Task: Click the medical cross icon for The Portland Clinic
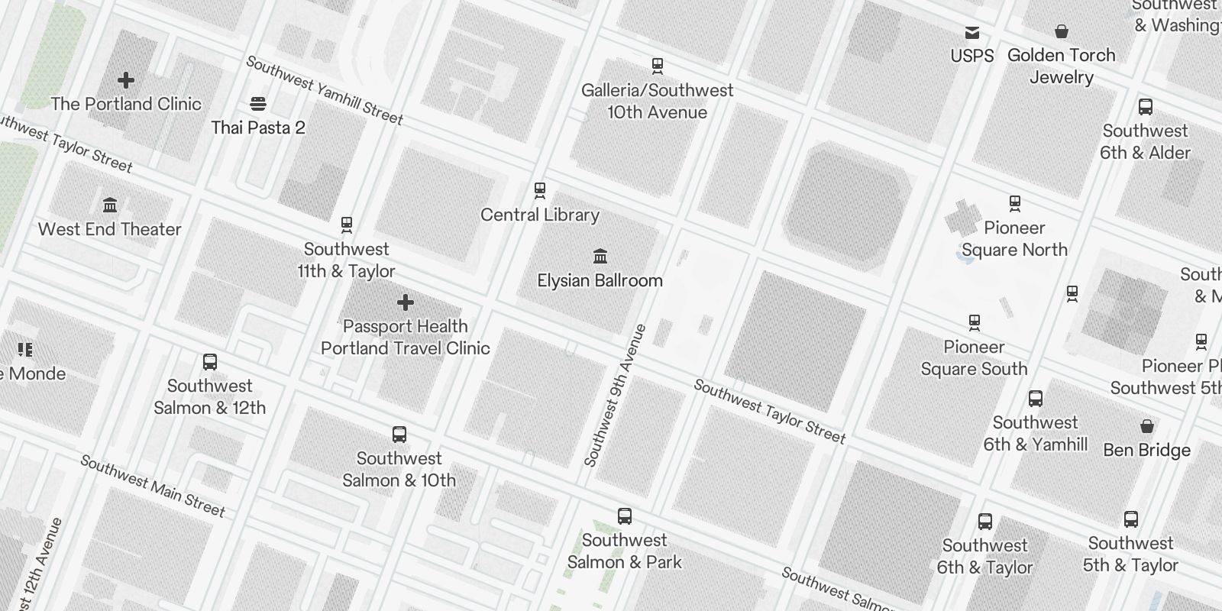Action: (126, 79)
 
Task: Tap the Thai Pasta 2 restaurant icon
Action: (257, 104)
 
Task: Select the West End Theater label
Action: (109, 229)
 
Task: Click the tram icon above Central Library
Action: (540, 189)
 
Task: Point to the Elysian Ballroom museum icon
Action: (600, 255)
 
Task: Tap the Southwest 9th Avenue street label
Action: (616, 396)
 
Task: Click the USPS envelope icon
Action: (972, 32)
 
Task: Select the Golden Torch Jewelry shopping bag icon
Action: (1061, 31)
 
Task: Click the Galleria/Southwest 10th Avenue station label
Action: (657, 101)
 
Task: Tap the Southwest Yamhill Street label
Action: (325, 90)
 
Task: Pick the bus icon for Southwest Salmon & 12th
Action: (210, 361)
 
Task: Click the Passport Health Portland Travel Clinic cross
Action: (406, 302)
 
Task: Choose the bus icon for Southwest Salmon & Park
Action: (625, 516)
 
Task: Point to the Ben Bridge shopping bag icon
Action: (1147, 425)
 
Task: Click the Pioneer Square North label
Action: (1014, 238)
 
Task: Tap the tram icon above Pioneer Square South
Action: (974, 322)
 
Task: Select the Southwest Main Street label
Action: (153, 486)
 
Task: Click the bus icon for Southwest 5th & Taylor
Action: (1131, 519)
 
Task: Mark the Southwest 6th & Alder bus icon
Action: (1145, 107)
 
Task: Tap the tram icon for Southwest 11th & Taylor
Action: (347, 225)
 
